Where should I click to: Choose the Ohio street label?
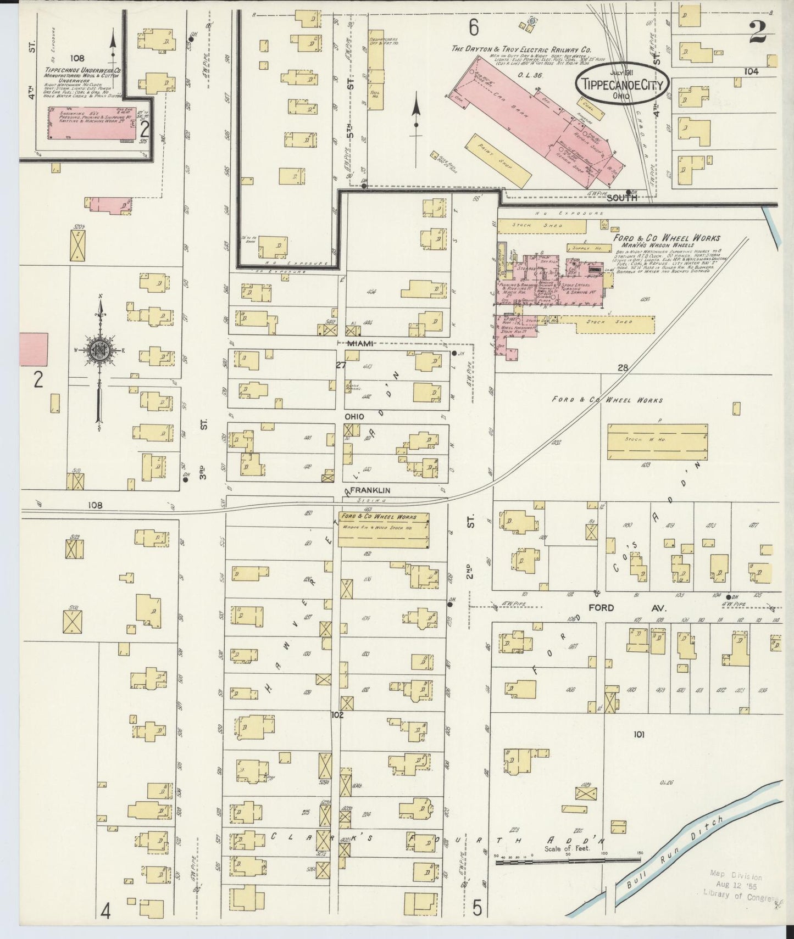(354, 417)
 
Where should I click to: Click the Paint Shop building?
(498, 160)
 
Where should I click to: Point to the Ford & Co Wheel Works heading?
(667, 238)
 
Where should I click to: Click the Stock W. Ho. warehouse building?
(657, 441)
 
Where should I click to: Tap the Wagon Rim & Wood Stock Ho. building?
(384, 530)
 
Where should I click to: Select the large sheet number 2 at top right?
(758, 32)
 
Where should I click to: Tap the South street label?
(622, 198)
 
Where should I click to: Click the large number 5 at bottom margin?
(477, 909)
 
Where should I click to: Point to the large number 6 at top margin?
(474, 26)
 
